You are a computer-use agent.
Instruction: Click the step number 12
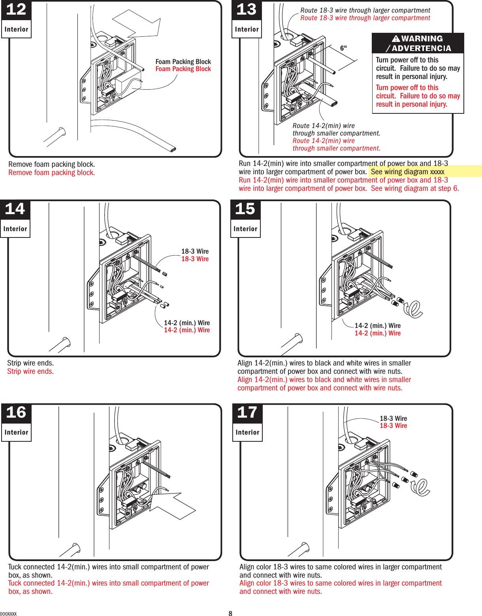tap(16, 9)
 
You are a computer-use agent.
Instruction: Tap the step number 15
tap(245, 209)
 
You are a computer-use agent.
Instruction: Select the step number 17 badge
tap(247, 413)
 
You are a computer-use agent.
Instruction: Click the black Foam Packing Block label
tap(183, 62)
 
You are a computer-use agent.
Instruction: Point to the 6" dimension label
tap(343, 48)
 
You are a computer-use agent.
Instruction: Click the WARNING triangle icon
tap(396, 39)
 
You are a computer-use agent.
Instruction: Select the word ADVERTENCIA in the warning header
tap(421, 48)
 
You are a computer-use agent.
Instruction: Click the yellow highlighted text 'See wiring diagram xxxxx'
tap(407, 171)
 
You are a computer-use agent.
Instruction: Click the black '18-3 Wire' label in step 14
tap(195, 251)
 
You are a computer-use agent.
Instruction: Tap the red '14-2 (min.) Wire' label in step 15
tap(377, 333)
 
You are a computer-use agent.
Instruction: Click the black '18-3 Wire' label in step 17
tap(393, 418)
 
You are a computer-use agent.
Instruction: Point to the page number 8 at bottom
tap(230, 613)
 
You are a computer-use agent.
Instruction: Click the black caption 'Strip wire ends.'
tap(30, 363)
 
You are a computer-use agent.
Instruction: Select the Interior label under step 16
tap(16, 432)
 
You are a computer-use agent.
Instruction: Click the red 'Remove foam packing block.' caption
tap(51, 173)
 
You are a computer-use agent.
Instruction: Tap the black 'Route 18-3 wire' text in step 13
tap(365, 10)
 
